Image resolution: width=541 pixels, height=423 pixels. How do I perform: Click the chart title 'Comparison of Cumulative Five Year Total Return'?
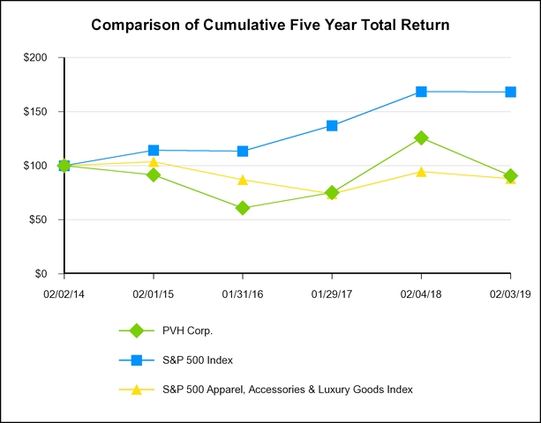tap(270, 26)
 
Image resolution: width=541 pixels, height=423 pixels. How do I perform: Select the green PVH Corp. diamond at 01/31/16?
tap(243, 208)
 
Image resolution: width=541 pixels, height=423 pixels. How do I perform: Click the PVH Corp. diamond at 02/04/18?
tap(421, 137)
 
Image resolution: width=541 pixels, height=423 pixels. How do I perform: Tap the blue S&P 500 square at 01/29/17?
tap(332, 125)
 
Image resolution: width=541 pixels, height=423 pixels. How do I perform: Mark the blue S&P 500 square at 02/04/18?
tap(421, 92)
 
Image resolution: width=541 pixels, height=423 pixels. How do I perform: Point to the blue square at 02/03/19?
tap(510, 92)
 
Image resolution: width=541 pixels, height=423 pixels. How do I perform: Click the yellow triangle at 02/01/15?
tap(154, 161)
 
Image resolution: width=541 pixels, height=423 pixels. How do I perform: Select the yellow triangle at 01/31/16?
tap(243, 180)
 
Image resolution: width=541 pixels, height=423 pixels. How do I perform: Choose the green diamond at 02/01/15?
tap(154, 174)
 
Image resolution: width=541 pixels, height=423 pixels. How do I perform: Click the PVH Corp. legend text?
tap(187, 330)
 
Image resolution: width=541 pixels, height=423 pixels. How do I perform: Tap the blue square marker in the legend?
tap(136, 360)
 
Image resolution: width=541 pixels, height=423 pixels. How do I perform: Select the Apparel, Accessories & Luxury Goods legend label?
tap(287, 389)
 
